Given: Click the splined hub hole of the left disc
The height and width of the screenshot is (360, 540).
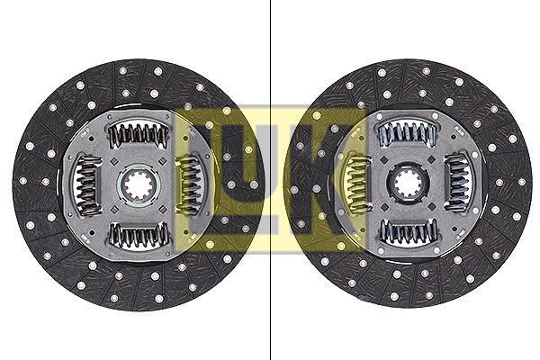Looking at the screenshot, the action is point(139,185).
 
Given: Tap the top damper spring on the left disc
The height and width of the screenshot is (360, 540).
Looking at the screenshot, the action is point(139,135).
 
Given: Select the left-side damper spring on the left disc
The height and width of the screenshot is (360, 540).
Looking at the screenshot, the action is point(87,185).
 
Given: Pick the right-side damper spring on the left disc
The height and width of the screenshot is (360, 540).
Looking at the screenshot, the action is point(189,185).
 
